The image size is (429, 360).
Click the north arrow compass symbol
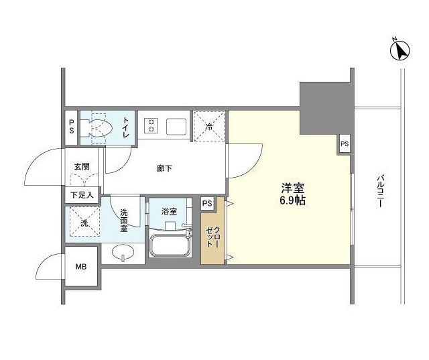point(400,50)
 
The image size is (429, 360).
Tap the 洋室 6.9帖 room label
point(292,194)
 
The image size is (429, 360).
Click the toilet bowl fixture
point(100,128)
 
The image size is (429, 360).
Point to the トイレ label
point(125,127)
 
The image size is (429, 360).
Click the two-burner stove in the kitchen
point(151,125)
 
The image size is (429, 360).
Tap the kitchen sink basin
point(176,127)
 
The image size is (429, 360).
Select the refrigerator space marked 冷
point(209,127)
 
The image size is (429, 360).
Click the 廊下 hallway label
point(164,168)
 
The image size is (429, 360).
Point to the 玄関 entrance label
point(82,167)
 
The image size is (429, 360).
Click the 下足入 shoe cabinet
point(82,195)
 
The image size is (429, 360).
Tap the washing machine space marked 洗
point(84,222)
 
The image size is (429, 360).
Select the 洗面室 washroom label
point(124,220)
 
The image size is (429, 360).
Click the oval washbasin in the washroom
point(123,252)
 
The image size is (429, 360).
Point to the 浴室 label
point(169,211)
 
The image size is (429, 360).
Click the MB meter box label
point(81,266)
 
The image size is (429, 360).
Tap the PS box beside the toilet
point(72,127)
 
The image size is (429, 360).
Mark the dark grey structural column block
point(325,109)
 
